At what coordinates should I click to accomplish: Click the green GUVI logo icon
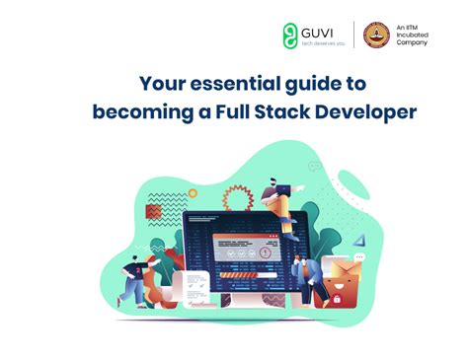click(x=291, y=35)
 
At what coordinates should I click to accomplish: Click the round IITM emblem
click(x=374, y=36)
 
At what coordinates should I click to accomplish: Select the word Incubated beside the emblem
click(x=412, y=35)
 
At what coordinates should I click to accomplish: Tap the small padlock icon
click(x=338, y=299)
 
